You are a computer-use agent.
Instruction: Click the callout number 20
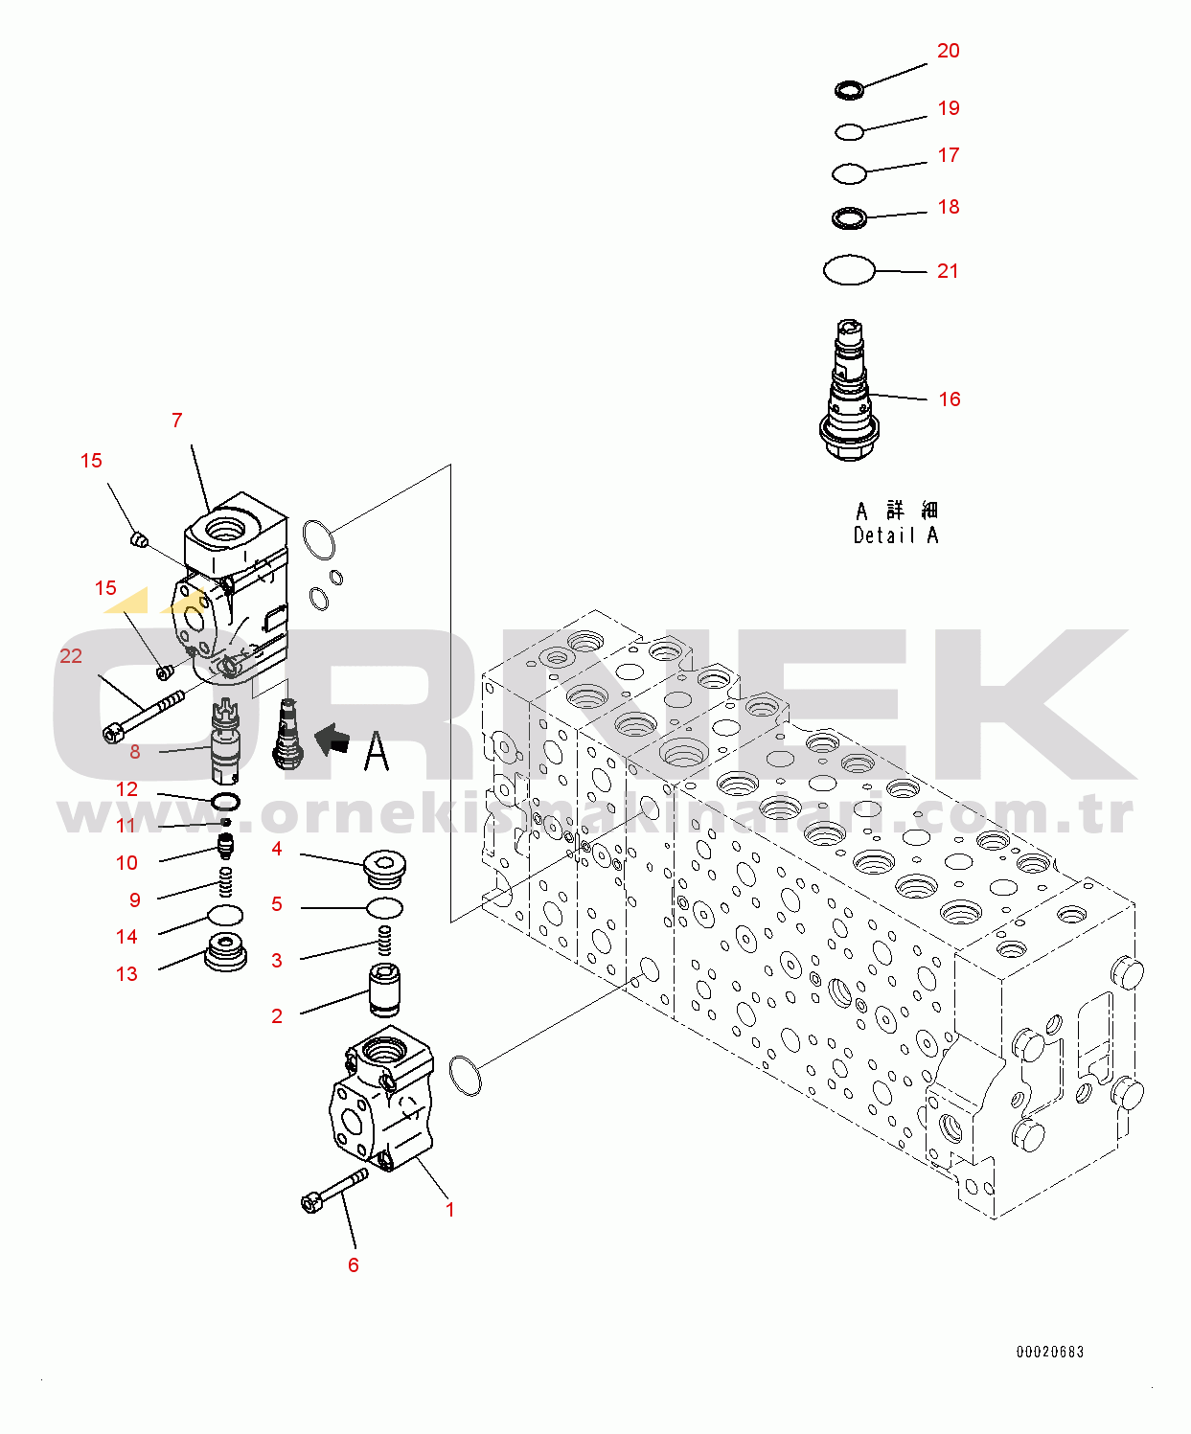pos(948,51)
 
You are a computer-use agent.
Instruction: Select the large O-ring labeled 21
pos(849,270)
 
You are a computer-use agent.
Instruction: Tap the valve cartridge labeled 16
pos(850,393)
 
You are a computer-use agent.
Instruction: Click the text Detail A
pos(896,535)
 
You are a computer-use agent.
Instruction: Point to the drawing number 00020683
pos(1050,1352)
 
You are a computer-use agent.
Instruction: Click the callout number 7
pos(176,421)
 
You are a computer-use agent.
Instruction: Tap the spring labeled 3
pos(385,940)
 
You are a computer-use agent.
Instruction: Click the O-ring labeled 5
pos(385,907)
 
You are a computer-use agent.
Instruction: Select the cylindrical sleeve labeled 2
pos(385,990)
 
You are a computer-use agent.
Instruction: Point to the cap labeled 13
pos(226,952)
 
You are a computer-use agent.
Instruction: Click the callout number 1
pos(450,1210)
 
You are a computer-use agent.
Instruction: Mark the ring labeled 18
pos(849,218)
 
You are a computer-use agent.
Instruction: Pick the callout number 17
pos(949,155)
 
